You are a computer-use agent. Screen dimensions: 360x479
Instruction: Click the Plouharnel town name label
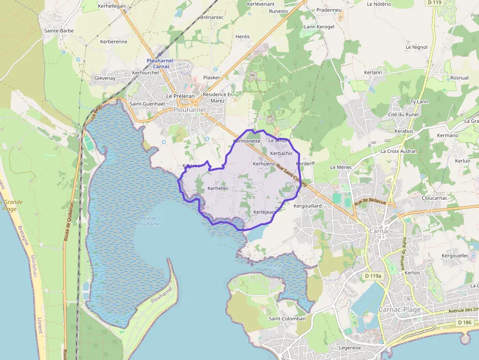tap(190, 110)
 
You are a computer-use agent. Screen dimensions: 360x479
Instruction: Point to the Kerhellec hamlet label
tap(218, 188)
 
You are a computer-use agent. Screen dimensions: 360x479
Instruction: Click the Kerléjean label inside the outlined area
tap(264, 212)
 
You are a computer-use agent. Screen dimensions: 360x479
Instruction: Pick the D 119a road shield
tap(372, 276)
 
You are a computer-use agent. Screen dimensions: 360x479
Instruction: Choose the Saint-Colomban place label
tap(287, 318)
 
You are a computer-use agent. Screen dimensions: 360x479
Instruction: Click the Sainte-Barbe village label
tap(59, 30)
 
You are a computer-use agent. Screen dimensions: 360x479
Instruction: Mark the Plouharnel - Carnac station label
tap(159, 64)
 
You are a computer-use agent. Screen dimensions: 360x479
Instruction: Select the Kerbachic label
tap(281, 153)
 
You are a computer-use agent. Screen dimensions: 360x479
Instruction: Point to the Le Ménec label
tap(341, 167)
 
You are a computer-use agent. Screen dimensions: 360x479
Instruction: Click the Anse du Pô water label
tap(275, 268)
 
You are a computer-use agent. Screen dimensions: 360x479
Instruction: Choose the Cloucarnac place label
tap(435, 198)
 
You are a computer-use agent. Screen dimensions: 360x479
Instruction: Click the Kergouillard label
tap(307, 206)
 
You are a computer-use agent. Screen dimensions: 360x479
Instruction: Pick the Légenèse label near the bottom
tap(349, 348)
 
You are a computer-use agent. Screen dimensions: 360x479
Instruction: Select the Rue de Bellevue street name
tap(370, 202)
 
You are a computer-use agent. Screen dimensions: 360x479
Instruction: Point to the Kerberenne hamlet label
tap(113, 42)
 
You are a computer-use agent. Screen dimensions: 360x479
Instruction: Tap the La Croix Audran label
tap(399, 151)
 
